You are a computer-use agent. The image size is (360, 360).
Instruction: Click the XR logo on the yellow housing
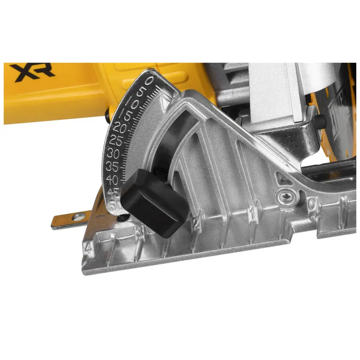(32, 73)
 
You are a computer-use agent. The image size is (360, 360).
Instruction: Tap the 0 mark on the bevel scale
(149, 81)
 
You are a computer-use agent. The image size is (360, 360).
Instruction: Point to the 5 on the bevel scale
(142, 91)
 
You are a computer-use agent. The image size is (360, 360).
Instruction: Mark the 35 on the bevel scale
(112, 166)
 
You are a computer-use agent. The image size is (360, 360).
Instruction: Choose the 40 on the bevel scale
(112, 179)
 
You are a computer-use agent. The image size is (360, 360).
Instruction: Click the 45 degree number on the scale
(113, 192)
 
